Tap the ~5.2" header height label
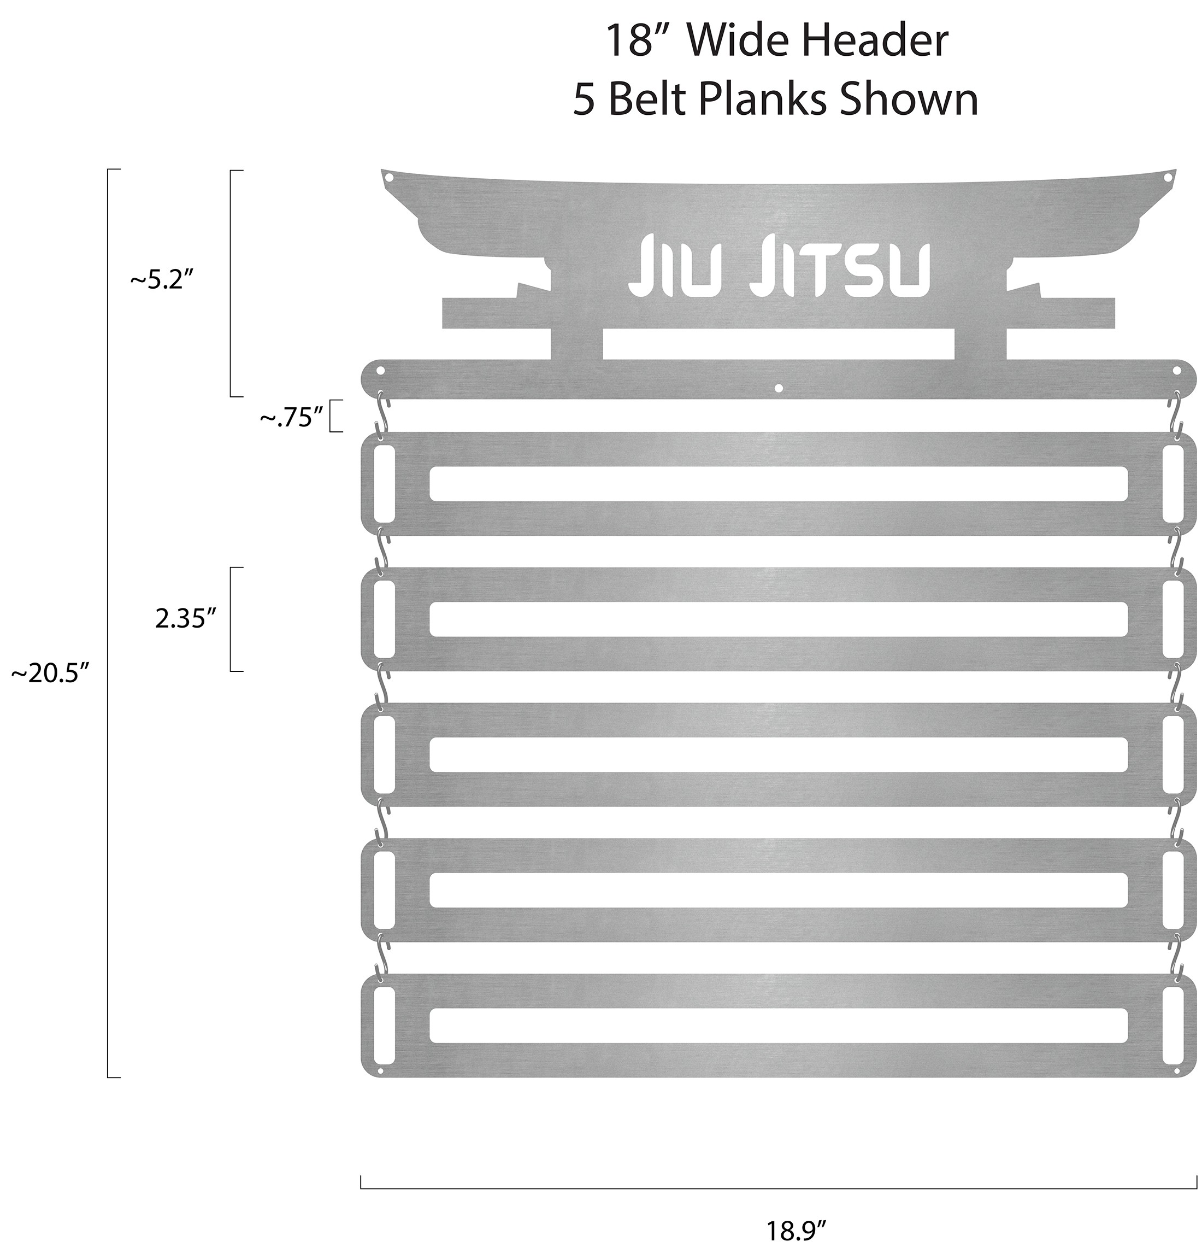coord(161,280)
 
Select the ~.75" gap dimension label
coord(290,418)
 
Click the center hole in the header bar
coord(777,388)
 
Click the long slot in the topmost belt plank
coord(779,484)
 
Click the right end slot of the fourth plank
coord(1173,889)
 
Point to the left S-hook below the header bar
coord(382,415)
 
